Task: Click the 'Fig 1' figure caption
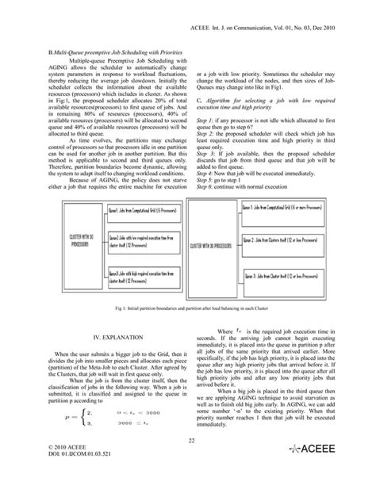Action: click(188, 306)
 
